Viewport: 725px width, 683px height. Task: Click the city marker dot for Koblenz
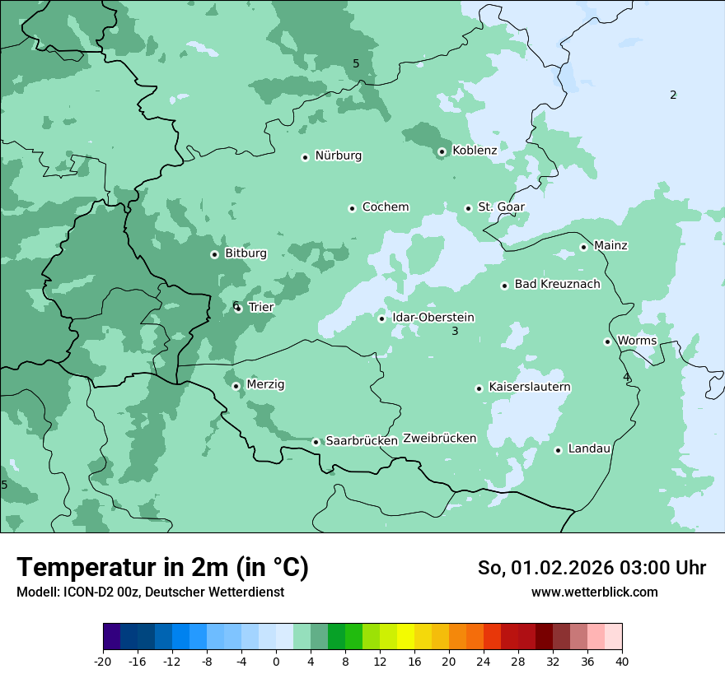[442, 151]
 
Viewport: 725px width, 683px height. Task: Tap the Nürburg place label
[338, 156]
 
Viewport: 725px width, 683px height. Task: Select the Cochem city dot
[352, 208]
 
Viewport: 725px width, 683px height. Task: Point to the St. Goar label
[501, 207]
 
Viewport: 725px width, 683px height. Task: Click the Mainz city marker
[583, 247]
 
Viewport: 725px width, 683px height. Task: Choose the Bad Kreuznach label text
[557, 284]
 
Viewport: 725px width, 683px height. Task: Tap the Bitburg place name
[246, 253]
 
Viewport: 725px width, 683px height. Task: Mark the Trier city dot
[238, 309]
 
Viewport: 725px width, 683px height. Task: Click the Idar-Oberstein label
[433, 318]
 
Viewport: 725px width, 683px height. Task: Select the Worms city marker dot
[607, 341]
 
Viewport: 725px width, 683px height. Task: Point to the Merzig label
[265, 384]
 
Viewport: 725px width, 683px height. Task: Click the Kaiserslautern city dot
[479, 388]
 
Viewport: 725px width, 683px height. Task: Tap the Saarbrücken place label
[362, 441]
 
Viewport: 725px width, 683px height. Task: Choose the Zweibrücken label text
[439, 439]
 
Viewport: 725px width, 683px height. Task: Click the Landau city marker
[558, 450]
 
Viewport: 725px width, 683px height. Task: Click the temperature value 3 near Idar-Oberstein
[454, 332]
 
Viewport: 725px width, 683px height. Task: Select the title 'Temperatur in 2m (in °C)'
[163, 567]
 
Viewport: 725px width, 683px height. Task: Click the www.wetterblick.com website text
[594, 592]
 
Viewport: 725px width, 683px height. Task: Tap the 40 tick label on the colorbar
[621, 661]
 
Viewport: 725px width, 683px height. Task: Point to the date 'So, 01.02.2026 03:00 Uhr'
[592, 568]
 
